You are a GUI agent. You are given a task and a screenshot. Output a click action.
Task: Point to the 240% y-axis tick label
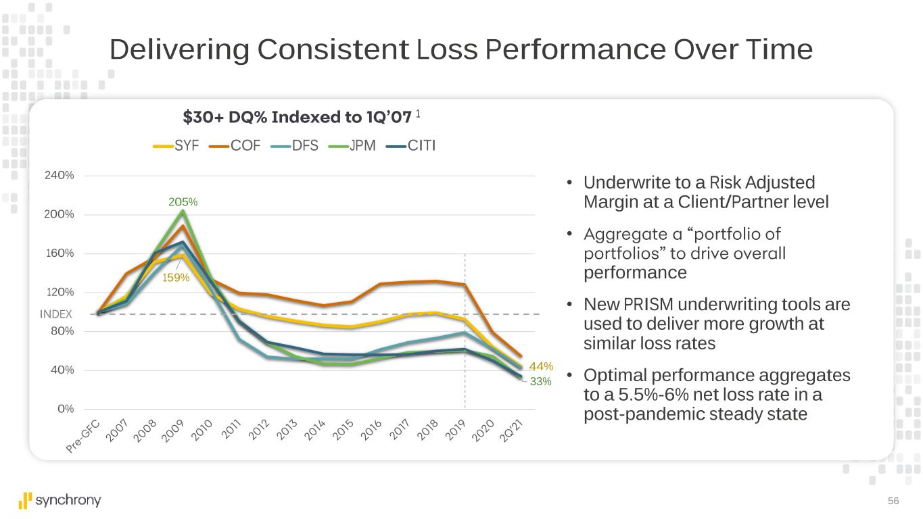(60, 176)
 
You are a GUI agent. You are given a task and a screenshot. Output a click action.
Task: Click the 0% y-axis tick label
(65, 409)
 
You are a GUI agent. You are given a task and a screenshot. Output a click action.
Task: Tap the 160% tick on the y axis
(60, 253)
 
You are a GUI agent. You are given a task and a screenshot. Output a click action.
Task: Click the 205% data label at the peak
(183, 201)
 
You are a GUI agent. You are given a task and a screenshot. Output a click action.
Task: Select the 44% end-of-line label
(541, 366)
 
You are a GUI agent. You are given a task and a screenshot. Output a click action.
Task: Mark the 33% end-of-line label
(541, 382)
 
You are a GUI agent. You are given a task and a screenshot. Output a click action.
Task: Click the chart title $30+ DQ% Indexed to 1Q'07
(297, 118)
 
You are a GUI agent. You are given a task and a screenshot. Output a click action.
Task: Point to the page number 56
(893, 501)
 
